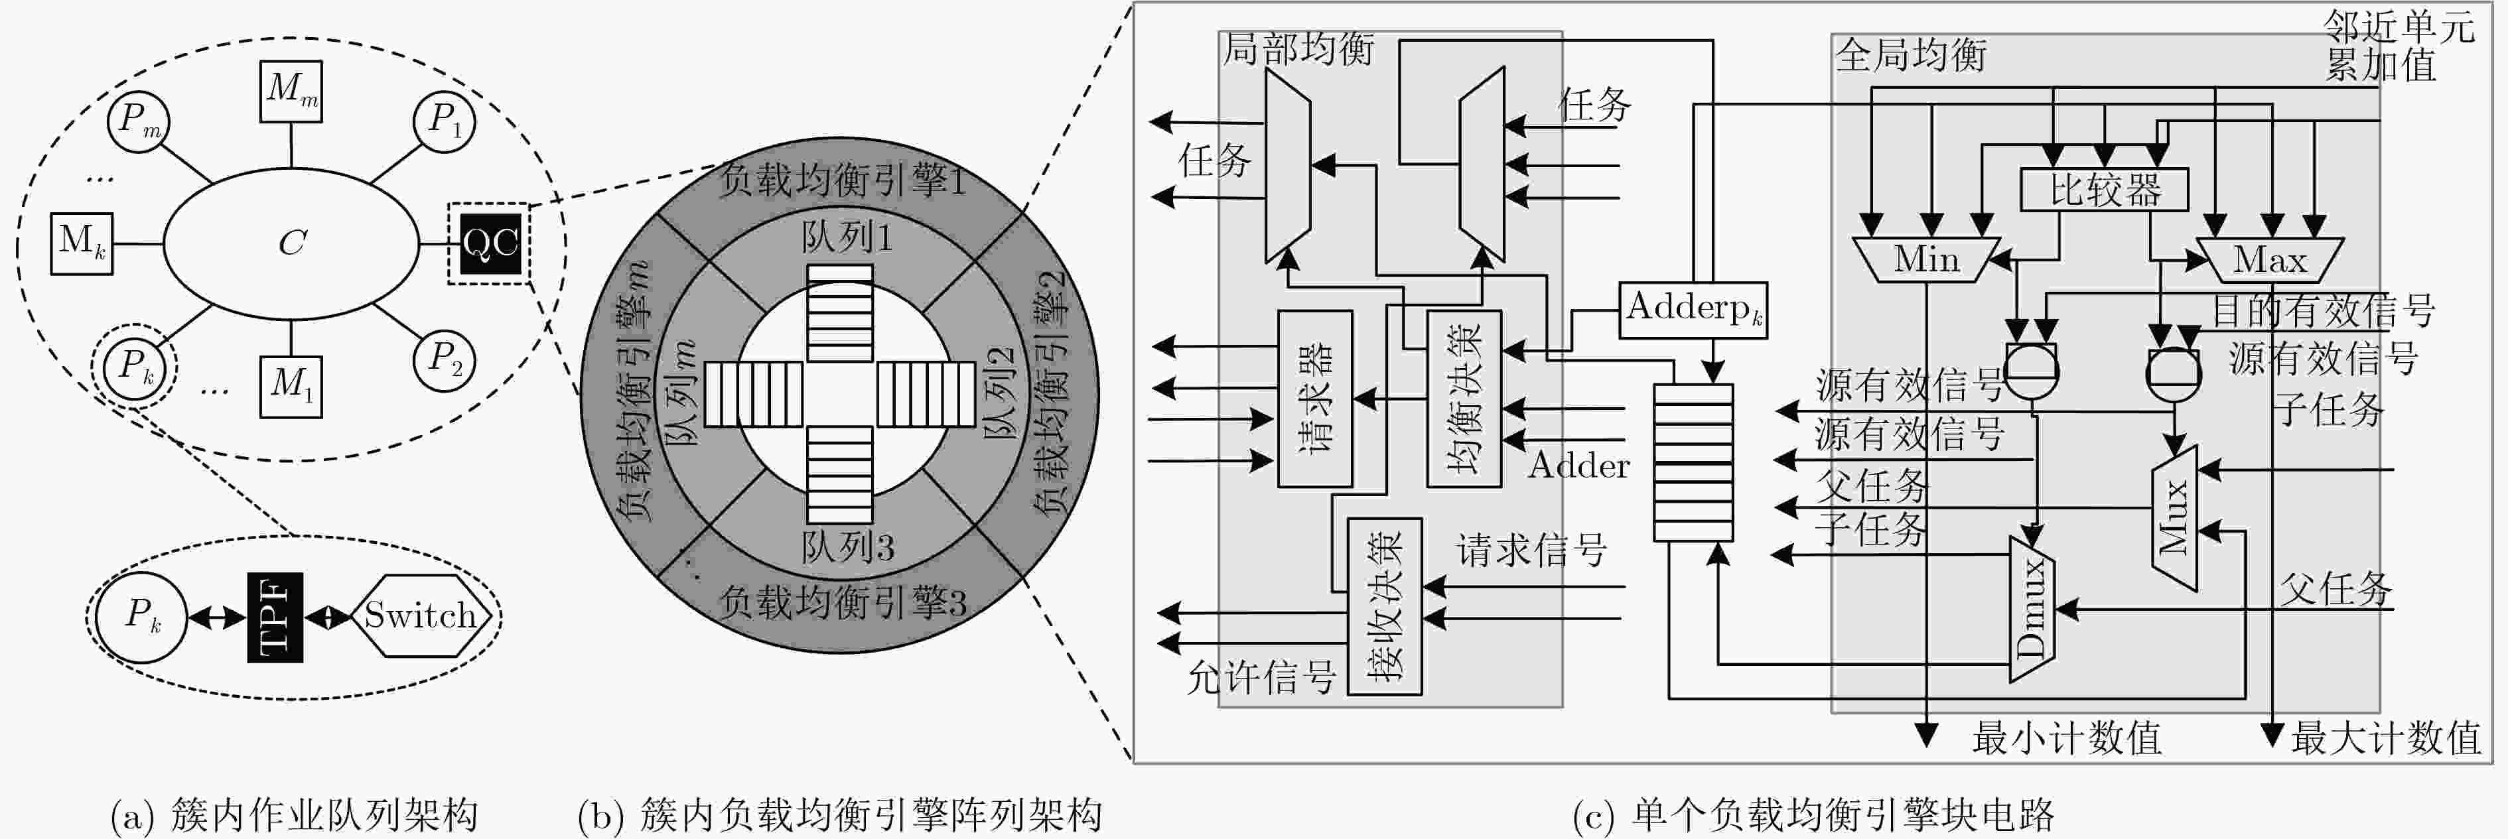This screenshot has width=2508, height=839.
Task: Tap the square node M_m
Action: [291, 92]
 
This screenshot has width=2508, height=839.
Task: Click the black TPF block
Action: [275, 617]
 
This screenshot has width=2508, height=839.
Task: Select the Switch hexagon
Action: [421, 615]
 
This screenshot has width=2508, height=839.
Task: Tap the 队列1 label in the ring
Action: [847, 237]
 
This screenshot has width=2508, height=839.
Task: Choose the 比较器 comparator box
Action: [2105, 190]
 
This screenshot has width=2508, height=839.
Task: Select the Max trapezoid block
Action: [2271, 260]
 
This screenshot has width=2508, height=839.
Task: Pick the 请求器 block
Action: [1314, 398]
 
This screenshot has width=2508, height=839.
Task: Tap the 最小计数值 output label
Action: [2067, 738]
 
